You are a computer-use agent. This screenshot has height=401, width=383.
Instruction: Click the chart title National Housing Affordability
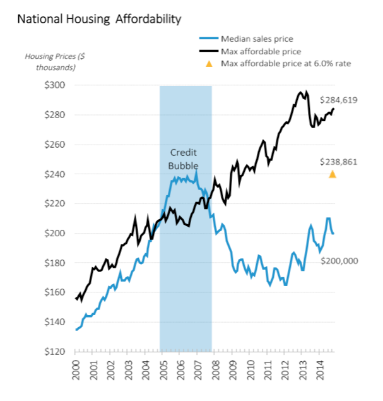click(98, 19)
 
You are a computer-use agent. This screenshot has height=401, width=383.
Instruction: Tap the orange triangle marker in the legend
click(209, 63)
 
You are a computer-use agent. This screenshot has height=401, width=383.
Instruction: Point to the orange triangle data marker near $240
click(333, 174)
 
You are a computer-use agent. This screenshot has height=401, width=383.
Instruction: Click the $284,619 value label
click(339, 100)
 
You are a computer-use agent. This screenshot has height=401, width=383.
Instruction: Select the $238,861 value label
click(339, 162)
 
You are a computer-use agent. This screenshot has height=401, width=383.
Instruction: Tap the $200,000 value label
click(339, 260)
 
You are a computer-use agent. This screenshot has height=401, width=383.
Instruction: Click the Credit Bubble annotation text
click(184, 159)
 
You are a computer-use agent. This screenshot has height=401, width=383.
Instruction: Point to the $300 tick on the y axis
click(58, 85)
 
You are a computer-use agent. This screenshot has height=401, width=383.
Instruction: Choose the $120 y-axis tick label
click(58, 351)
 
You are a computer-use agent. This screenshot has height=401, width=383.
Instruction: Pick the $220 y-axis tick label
click(58, 203)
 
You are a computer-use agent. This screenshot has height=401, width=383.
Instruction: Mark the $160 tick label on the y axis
click(58, 292)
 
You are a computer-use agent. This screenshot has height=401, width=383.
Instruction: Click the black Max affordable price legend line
click(208, 51)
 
